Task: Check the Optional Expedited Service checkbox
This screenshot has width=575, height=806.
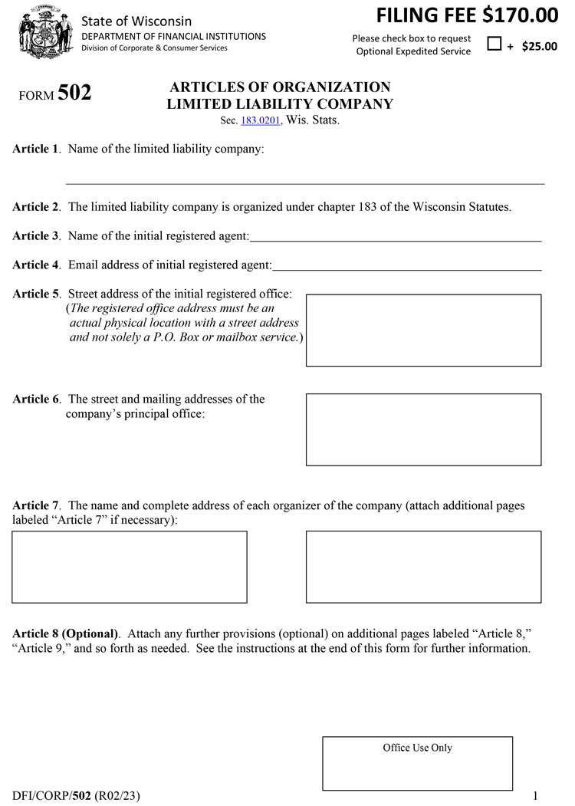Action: pos(495,44)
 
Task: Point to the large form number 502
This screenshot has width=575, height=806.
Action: pos(74,94)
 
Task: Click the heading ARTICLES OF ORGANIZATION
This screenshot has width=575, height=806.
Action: pos(280,87)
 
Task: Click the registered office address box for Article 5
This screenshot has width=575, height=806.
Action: pos(423,330)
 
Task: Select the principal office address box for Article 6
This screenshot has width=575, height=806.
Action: pos(423,429)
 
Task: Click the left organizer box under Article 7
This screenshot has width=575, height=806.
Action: pos(130,567)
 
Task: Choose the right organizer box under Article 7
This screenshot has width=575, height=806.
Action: pos(423,567)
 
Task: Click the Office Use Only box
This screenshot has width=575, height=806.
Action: pos(417,763)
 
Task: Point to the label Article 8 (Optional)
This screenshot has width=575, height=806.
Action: pos(66,634)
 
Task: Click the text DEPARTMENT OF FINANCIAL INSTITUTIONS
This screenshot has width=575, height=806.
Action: pos(174,36)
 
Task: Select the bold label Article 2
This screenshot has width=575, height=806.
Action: pos(35,207)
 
